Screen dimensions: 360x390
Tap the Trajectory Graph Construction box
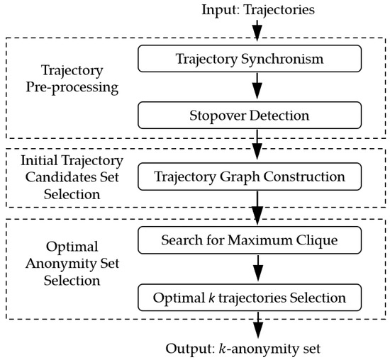256,176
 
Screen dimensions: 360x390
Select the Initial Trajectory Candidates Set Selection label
61,176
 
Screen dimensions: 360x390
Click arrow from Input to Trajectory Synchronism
257,30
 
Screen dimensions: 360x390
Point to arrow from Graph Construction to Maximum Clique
257,208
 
